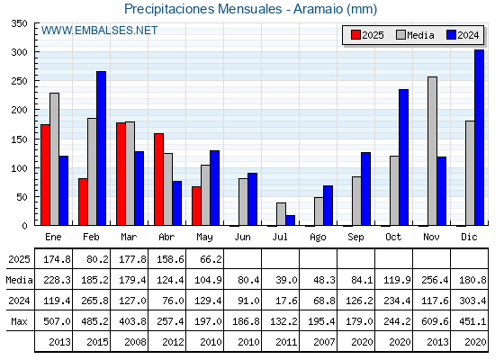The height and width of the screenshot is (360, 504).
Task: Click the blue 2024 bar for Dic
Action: (x=479, y=138)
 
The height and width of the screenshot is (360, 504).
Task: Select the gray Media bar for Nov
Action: (x=432, y=151)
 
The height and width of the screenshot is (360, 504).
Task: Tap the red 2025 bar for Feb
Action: (x=83, y=202)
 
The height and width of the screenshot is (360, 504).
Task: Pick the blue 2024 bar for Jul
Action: (x=290, y=220)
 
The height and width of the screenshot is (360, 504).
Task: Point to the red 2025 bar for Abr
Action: (x=158, y=179)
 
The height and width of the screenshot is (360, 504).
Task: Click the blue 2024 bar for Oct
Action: (x=403, y=157)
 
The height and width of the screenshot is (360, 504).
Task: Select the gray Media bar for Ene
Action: (x=54, y=159)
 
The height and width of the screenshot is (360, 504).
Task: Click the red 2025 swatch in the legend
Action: (x=355, y=35)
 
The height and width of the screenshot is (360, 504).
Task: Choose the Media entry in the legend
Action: (x=415, y=35)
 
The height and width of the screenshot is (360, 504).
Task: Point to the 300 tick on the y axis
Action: (x=35, y=52)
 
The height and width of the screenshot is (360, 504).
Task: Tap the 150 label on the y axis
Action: (x=19, y=139)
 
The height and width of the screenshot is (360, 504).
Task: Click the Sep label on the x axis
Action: (x=355, y=238)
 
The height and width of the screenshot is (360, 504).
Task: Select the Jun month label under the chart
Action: (x=242, y=238)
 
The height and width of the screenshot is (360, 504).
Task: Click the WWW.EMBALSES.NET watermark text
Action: (x=99, y=31)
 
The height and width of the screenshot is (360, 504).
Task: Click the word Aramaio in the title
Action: (x=319, y=9)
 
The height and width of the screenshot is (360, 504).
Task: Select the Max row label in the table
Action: (x=19, y=321)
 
